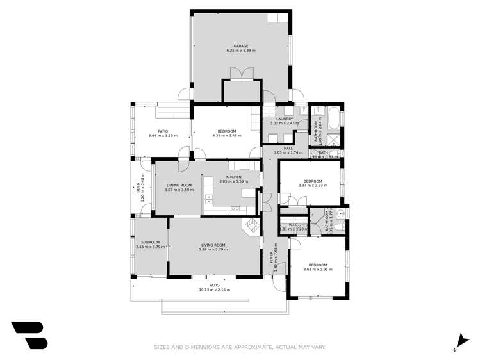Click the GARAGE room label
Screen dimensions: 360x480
click(x=241, y=46)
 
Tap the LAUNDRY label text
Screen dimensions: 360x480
click(x=285, y=119)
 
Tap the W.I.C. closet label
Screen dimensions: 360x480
click(x=294, y=224)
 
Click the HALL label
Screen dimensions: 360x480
click(x=288, y=148)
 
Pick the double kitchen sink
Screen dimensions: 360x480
click(x=235, y=208)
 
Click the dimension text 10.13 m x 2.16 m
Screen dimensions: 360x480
click(x=214, y=290)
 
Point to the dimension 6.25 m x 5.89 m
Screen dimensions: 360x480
click(x=241, y=51)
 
